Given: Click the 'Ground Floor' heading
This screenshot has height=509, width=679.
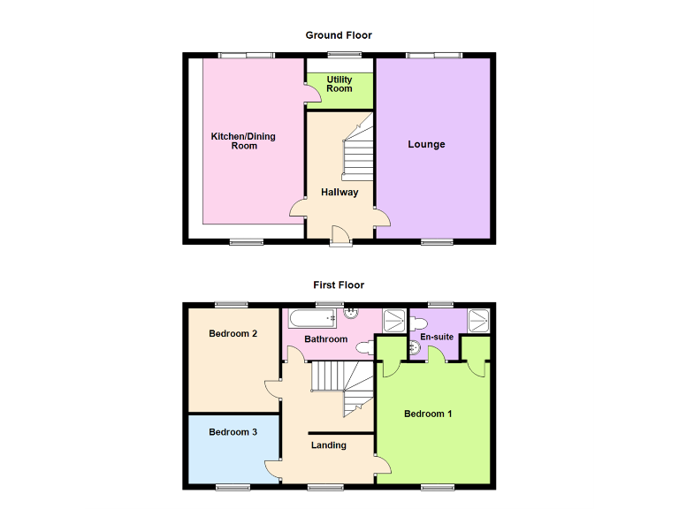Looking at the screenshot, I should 339,35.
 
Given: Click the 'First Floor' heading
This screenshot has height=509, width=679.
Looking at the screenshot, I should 339,285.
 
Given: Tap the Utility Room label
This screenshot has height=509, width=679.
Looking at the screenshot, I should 339,84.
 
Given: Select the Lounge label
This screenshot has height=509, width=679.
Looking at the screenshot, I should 426,144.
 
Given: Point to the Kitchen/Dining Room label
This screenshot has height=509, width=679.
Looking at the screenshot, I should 243,141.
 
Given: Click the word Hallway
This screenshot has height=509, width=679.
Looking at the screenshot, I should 339,192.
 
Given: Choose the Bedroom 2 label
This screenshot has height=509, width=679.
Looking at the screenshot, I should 233,334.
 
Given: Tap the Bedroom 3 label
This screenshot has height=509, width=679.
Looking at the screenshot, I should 233,432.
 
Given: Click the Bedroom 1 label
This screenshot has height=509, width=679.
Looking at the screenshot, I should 428,414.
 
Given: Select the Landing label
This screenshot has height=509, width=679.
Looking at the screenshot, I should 329,445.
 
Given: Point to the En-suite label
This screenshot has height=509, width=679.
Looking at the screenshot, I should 437,337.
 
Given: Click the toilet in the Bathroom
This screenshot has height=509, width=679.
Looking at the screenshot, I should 352,312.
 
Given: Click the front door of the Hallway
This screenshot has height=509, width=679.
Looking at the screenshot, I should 339,232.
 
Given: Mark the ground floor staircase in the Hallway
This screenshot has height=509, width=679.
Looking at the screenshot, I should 358,155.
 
